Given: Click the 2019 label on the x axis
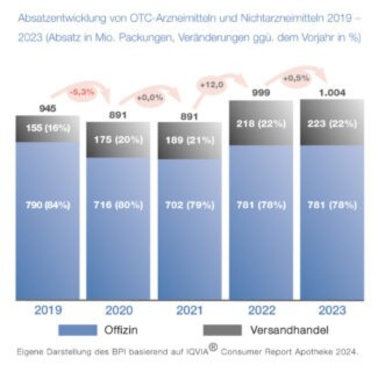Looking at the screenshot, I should (47, 310).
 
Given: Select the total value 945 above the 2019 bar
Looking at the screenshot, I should (48, 108).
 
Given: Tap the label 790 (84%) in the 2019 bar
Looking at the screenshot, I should (48, 205).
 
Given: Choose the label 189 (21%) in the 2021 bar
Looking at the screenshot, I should (190, 140).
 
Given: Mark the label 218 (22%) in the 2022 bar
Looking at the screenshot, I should (261, 124).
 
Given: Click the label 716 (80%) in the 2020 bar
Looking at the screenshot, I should (118, 205).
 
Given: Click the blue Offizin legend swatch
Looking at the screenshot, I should (77, 330).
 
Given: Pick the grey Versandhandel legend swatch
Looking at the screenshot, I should (222, 330).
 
